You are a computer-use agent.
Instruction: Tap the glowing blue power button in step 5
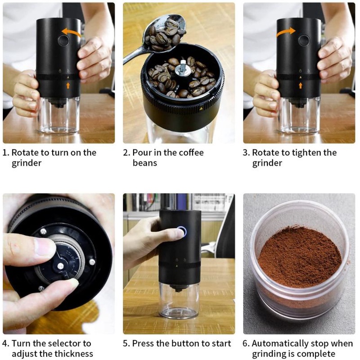181,231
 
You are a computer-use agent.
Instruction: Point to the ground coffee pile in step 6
300,256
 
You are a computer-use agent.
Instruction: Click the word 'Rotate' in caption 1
25,153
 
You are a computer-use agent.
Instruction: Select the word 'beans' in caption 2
145,163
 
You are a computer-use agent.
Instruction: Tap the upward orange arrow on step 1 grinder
68,85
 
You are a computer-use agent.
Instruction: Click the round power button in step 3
304,40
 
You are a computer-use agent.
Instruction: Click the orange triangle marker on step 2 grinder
201,108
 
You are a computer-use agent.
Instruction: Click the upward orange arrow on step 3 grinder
301,85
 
